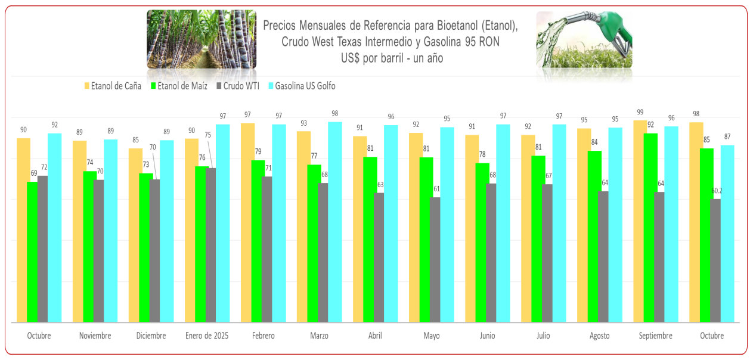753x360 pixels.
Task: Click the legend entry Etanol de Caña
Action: [116, 86]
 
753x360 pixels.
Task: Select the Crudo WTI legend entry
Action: [241, 86]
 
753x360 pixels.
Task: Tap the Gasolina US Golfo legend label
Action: [305, 86]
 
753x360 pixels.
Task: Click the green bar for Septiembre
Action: [650, 226]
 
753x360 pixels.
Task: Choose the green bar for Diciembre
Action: [145, 247]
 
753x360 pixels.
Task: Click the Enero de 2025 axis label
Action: [207, 336]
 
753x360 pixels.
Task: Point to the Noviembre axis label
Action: [95, 336]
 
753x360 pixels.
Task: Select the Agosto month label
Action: [599, 336]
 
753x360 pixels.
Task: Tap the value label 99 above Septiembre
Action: [640, 112]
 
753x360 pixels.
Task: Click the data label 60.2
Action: [716, 191]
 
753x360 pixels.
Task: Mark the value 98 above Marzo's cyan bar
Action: [335, 114]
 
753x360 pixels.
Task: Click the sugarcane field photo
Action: [202, 39]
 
